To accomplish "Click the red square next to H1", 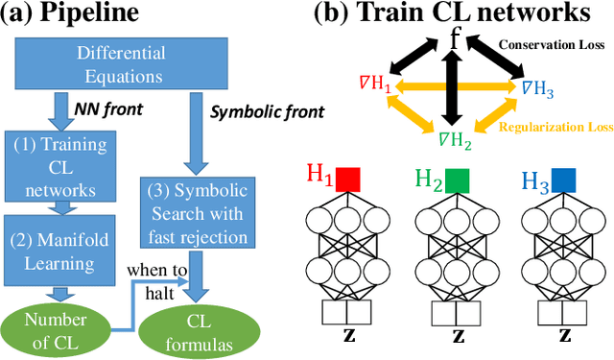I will tap(346, 180).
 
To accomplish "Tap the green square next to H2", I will tap(456, 180).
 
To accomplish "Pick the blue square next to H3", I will tap(563, 180).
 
